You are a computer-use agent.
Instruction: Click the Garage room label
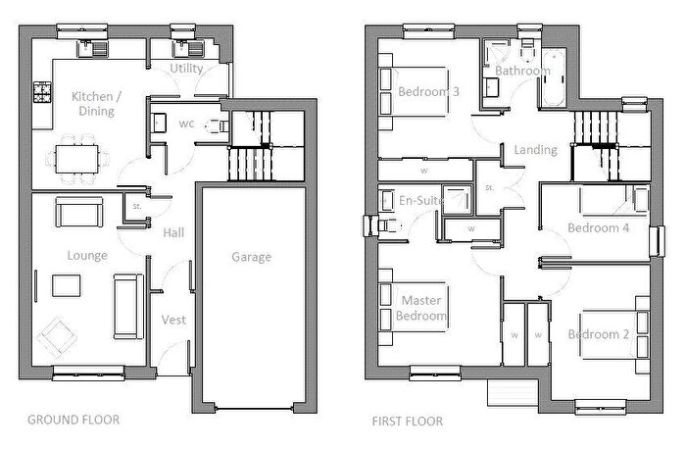coord(251,257)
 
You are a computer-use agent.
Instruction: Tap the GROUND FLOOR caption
coord(73,420)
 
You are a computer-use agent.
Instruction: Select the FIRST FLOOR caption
coord(408,422)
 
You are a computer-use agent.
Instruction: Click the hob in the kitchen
coord(42,92)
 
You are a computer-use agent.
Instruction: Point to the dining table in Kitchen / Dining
coord(77,159)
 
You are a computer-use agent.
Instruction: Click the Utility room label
coord(186,69)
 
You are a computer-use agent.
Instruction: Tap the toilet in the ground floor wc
coord(218,126)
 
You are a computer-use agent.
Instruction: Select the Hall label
coord(173,232)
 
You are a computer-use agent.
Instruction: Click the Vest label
coord(173,320)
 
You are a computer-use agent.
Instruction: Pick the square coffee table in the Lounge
coord(66,285)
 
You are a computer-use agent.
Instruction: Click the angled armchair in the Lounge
coord(57,337)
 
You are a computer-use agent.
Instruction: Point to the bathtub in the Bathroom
coord(555,77)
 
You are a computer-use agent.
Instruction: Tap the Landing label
coord(535,150)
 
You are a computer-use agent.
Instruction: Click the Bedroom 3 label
coord(429,91)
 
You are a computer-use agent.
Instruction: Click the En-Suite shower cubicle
coord(458,200)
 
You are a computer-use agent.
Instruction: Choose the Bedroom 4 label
coord(599,227)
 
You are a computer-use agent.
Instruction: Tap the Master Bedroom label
coord(421,308)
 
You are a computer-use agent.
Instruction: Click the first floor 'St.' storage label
coord(490,188)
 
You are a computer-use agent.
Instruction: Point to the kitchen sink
coord(92,49)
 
